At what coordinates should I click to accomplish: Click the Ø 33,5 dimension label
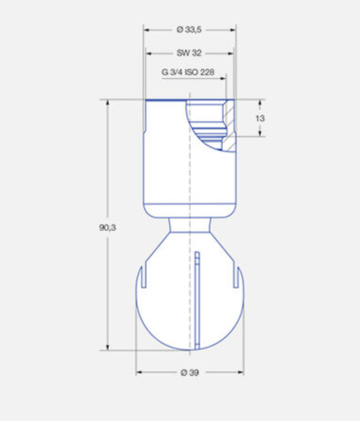click(x=189, y=29)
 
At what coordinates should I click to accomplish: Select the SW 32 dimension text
click(x=189, y=53)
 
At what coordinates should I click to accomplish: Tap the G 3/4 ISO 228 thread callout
click(x=188, y=72)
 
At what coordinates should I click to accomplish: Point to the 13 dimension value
click(x=260, y=118)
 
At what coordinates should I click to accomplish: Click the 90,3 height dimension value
click(x=108, y=227)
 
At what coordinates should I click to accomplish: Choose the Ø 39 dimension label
click(x=190, y=372)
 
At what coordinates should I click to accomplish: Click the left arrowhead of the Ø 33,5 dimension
click(x=146, y=30)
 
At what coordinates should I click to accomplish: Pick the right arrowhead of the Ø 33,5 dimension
click(x=233, y=30)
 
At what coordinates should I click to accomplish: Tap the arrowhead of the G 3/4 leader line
click(x=223, y=79)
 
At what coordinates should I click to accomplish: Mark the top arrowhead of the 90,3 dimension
click(x=108, y=103)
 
